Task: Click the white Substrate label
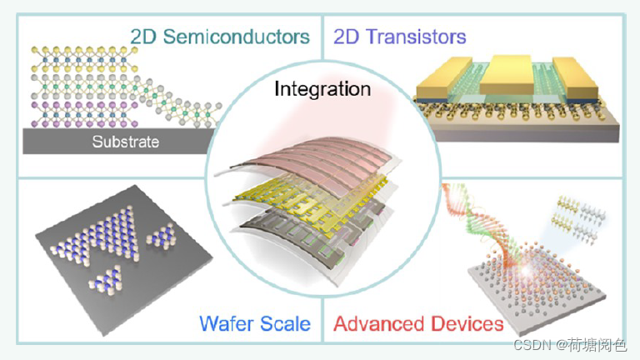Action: tap(125, 142)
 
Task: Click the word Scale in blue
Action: tap(284, 322)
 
